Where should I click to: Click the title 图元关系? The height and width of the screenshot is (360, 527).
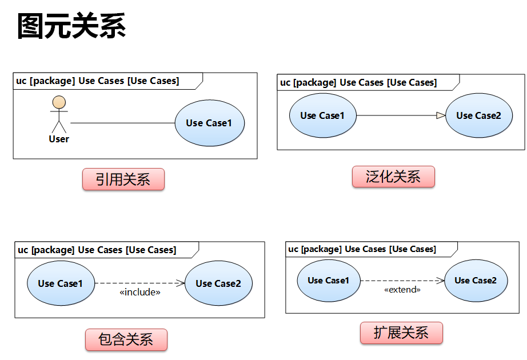point(71,26)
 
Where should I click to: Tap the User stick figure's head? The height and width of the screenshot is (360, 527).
point(58,103)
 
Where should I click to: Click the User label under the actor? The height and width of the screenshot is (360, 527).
point(59,139)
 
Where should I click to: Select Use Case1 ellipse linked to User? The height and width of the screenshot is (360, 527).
point(209,123)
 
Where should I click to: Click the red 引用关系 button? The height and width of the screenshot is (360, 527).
point(123,180)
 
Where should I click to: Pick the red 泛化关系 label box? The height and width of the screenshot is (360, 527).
point(393,177)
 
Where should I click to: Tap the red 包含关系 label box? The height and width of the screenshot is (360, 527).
point(126,339)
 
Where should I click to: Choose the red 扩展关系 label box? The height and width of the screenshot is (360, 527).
point(401,333)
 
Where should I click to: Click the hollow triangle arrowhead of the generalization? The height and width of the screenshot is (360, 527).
point(441,115)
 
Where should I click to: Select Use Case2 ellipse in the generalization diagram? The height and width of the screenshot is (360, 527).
point(478,115)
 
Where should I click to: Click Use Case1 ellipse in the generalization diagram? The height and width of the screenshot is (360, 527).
point(323,115)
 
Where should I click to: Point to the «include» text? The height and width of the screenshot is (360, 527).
point(139,293)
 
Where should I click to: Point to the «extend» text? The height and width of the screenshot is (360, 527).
point(402,290)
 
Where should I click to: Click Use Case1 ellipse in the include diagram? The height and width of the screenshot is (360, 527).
point(61,283)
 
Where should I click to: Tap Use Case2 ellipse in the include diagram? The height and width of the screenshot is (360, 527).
point(218,283)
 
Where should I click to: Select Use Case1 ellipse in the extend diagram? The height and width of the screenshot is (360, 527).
point(328,281)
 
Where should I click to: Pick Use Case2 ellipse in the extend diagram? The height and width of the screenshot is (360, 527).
point(476,281)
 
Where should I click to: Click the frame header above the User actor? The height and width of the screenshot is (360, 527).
point(97,81)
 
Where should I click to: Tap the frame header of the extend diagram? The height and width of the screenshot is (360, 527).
point(362,249)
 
